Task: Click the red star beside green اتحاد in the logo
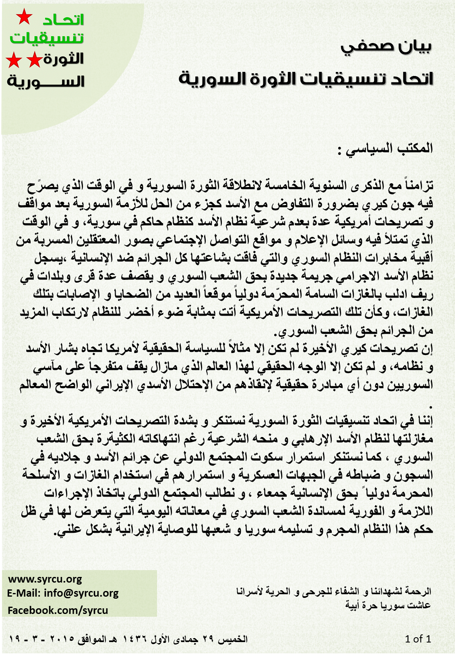point(24,18)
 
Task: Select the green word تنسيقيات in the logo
point(47,38)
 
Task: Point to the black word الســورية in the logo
point(45,81)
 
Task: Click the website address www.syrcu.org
point(45,579)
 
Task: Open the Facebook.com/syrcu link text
point(58,610)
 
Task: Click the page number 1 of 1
point(418,639)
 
